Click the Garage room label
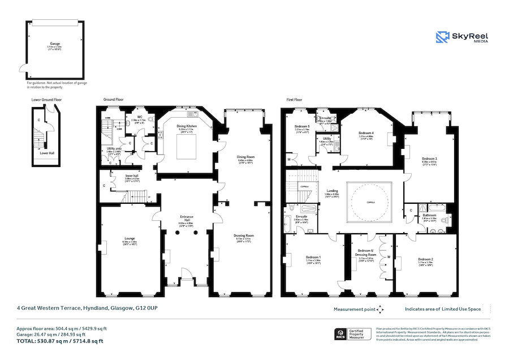(x=54, y=44)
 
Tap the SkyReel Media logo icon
(x=442, y=37)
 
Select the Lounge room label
(x=130, y=238)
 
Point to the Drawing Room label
(x=245, y=235)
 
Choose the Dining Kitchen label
(x=186, y=127)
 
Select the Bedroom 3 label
(x=430, y=159)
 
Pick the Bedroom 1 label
(x=313, y=258)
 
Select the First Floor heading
(x=294, y=100)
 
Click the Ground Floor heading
(x=113, y=100)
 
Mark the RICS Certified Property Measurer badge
(x=353, y=335)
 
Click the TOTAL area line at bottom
(x=59, y=341)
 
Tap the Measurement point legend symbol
(x=380, y=310)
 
